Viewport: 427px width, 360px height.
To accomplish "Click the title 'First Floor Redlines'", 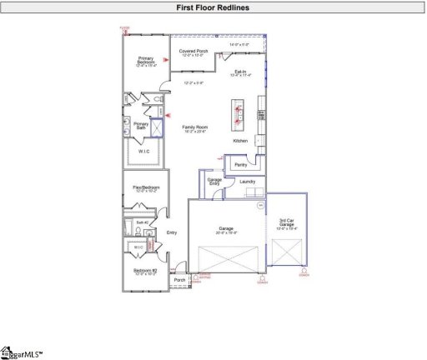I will pyautogui.click(x=213, y=7).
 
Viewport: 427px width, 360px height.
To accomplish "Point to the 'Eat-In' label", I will pyautogui.click(x=240, y=72).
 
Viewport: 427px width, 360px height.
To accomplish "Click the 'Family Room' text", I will pyautogui.click(x=195, y=127).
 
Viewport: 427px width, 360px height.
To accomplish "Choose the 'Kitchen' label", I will pyautogui.click(x=240, y=141).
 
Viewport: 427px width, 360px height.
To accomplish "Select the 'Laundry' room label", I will pyautogui.click(x=247, y=181).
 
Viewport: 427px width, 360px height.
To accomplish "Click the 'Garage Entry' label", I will pyautogui.click(x=214, y=181).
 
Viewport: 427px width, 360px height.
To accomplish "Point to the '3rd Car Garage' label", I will pyautogui.click(x=285, y=222).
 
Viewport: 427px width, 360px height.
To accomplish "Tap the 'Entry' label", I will pyautogui.click(x=172, y=232).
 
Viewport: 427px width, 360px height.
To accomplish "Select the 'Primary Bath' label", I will pyautogui.click(x=142, y=126).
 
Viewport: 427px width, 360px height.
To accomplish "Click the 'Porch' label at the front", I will pyautogui.click(x=178, y=280).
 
